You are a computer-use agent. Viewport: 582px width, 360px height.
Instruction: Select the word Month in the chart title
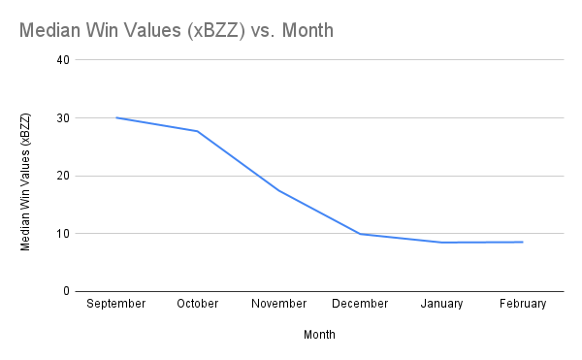[x=307, y=30]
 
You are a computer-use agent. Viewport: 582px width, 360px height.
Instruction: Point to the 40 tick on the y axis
[x=63, y=60]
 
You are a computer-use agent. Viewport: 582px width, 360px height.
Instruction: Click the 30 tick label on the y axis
[x=63, y=118]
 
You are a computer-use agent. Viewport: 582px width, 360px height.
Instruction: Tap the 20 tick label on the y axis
[x=63, y=176]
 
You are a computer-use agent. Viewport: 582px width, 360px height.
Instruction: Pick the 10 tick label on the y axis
[x=63, y=234]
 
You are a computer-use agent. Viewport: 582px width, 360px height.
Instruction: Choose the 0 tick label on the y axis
[x=66, y=291]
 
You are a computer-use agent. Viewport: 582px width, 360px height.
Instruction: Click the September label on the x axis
[x=115, y=304]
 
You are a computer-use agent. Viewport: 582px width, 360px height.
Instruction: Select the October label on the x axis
[x=197, y=304]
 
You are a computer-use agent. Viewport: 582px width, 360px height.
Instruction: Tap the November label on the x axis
[x=278, y=304]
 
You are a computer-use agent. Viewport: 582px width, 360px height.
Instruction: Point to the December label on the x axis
[x=360, y=304]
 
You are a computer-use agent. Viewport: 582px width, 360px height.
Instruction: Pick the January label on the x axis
[x=441, y=304]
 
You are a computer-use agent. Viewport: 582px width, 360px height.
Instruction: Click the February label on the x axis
[x=523, y=304]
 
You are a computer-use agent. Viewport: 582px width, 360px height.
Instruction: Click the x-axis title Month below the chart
[x=319, y=334]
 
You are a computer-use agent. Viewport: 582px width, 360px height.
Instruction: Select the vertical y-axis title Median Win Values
[x=26, y=181]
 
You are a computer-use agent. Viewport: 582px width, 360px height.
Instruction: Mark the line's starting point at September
[x=115, y=117]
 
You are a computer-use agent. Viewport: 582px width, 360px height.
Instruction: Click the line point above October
[x=197, y=131]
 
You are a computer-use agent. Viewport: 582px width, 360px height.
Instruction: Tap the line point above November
[x=278, y=190]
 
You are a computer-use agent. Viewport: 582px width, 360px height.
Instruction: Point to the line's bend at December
[x=360, y=234]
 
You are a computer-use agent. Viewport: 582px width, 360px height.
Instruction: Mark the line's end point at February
[x=523, y=242]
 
